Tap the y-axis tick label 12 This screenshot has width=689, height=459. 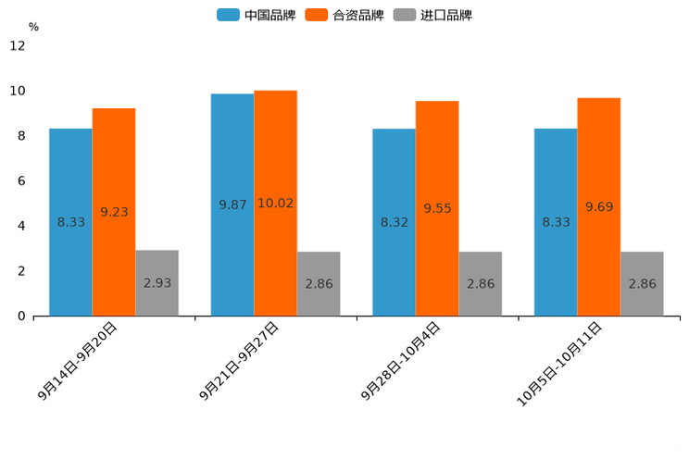pyautogui.click(x=18, y=45)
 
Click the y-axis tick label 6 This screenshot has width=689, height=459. pyautogui.click(x=21, y=180)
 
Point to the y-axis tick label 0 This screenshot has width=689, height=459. pyautogui.click(x=21, y=316)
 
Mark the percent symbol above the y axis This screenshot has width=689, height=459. pyautogui.click(x=33, y=27)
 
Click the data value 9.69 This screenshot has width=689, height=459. pyautogui.click(x=599, y=207)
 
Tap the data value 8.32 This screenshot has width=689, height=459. pyautogui.click(x=394, y=222)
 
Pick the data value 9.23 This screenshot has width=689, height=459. pyautogui.click(x=114, y=212)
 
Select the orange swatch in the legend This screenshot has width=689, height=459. pyautogui.click(x=317, y=15)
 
